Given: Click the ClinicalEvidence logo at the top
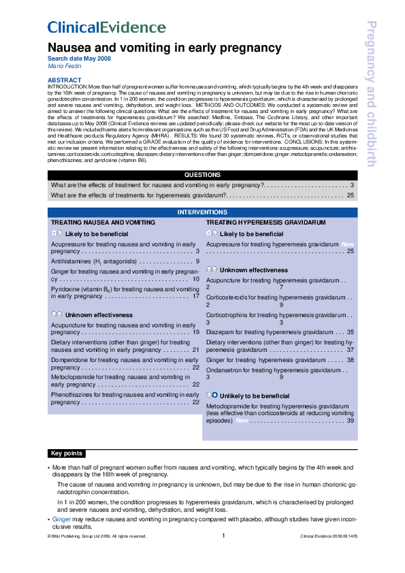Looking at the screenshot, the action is point(106,28).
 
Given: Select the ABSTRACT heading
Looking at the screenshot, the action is point(64,80).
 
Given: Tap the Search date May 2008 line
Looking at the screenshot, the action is point(78,59).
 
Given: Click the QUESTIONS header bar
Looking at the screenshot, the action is point(202,175).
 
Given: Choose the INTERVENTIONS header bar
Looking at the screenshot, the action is point(202,212).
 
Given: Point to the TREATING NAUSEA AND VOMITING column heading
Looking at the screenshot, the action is point(103,223).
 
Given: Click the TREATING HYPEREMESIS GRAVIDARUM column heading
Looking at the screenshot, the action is point(265,223).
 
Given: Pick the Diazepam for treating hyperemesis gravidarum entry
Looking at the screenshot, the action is point(272,332).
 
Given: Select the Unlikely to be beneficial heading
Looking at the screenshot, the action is point(255,395).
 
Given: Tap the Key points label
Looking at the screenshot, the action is point(67,453).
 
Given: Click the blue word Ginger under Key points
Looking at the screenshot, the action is point(62,519).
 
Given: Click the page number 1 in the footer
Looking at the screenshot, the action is point(223,536).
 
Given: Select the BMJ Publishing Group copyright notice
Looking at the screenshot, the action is point(97,537).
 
